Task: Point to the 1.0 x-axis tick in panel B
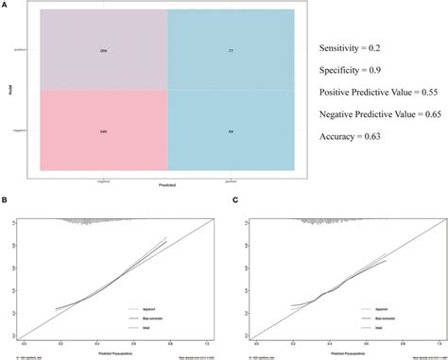pyautogui.click(x=202, y=344)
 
